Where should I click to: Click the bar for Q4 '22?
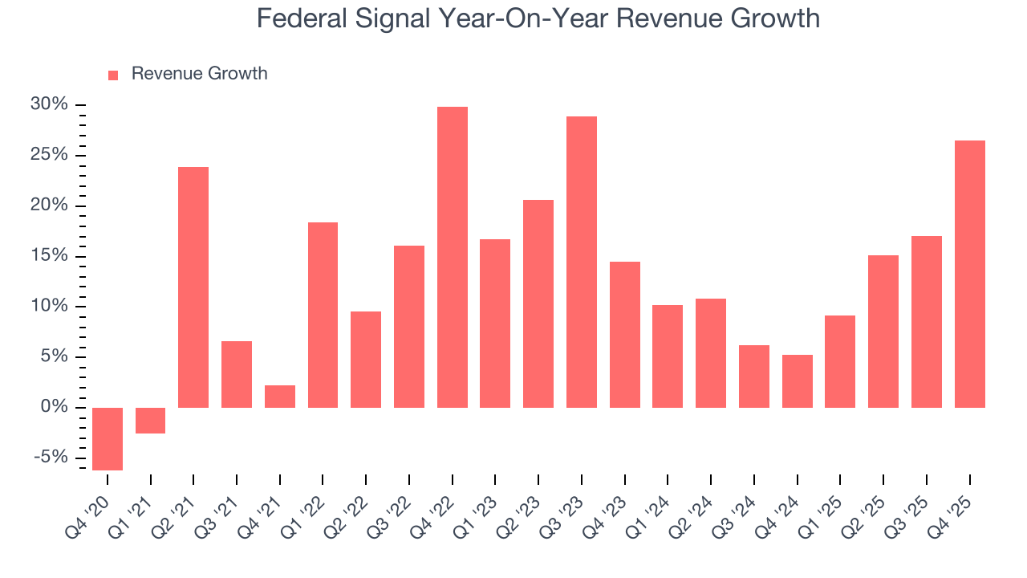[452, 257]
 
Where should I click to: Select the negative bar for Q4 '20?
[108, 438]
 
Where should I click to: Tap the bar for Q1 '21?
[150, 421]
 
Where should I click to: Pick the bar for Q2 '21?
[193, 287]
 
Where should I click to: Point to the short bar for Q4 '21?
[280, 397]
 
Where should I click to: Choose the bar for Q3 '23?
[582, 262]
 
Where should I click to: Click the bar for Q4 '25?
[969, 274]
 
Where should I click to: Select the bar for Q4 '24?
[798, 381]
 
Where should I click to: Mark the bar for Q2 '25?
[883, 332]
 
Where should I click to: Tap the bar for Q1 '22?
[323, 315]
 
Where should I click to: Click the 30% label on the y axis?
[49, 105]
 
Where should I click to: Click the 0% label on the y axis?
[54, 407]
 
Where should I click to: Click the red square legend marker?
[113, 75]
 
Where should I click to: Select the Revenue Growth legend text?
[199, 74]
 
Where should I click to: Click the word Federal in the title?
[298, 18]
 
